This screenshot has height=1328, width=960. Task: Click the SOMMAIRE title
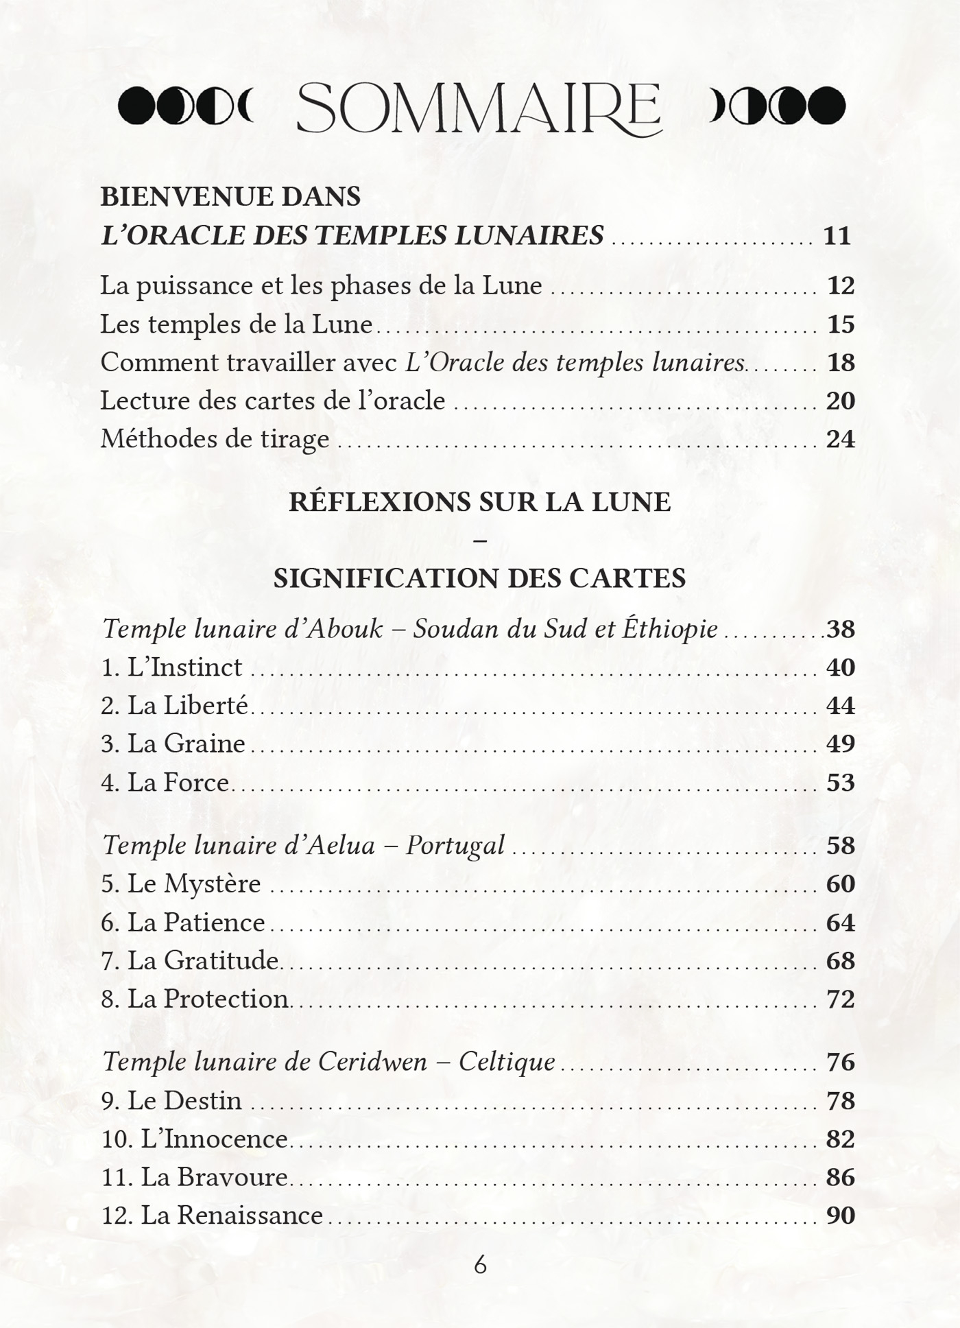pos(479,108)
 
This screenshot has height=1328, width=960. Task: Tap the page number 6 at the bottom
pos(480,1265)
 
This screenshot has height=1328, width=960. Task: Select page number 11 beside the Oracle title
pos(837,236)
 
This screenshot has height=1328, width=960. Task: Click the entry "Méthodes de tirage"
pos(215,439)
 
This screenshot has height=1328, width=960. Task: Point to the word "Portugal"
pos(455,845)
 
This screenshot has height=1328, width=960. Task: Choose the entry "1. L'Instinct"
pos(171,667)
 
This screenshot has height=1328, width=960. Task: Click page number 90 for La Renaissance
pos(841,1216)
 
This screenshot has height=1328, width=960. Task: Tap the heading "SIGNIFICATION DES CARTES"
pos(479,578)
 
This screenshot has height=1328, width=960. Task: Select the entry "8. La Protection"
pos(195,999)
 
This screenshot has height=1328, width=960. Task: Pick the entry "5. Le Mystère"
pos(181,884)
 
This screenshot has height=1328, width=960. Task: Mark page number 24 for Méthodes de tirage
pos(841,439)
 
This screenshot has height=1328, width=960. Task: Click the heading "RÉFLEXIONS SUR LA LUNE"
pos(479,502)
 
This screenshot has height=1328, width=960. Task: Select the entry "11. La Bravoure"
pos(194,1177)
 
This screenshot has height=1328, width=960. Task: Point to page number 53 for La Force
pos(841,783)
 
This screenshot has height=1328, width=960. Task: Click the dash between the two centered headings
pos(480,541)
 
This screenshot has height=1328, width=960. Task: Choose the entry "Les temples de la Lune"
pos(236,324)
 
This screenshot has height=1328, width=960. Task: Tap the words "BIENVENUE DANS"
pos(230,197)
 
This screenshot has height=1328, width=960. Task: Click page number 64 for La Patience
pos(841,923)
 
